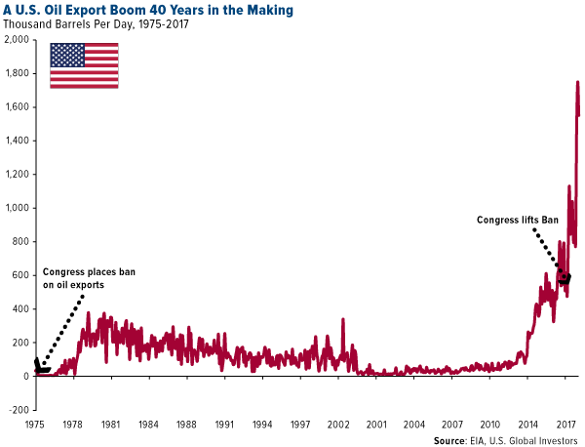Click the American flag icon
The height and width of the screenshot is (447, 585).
(x=84, y=64)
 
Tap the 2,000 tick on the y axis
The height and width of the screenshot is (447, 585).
(x=16, y=40)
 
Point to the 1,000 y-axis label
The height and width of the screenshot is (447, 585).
(x=16, y=208)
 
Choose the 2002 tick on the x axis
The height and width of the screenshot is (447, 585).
(x=337, y=426)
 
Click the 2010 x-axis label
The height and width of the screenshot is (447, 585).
(x=489, y=426)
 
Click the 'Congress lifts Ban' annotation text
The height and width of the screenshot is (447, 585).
(x=515, y=220)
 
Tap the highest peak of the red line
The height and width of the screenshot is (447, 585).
(x=577, y=83)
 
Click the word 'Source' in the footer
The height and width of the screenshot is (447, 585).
(x=450, y=440)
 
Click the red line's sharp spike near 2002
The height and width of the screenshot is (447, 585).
(x=343, y=319)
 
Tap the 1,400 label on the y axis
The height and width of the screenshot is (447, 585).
(x=16, y=141)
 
